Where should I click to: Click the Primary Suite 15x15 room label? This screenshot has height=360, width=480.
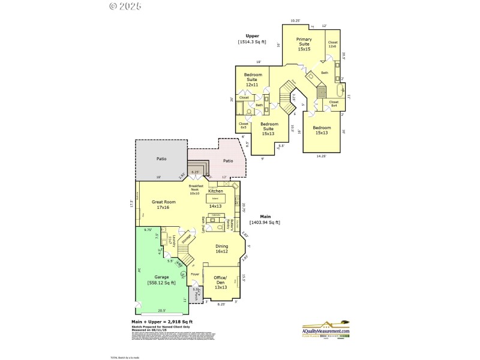(x=304, y=44)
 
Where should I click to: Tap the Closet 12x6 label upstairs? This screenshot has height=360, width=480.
(x=333, y=44)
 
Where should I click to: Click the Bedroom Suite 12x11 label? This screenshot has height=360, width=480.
(x=251, y=80)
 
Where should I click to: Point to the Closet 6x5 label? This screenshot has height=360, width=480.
(x=244, y=125)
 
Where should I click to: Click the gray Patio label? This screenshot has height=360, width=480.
(x=161, y=159)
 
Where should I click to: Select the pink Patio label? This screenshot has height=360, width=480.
(x=228, y=160)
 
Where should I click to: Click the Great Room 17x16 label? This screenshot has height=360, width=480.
(x=163, y=205)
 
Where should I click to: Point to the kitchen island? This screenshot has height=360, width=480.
(x=215, y=197)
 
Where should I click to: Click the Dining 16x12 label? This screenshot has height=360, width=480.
(x=221, y=249)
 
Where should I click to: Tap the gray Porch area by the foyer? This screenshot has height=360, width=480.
(x=196, y=294)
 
